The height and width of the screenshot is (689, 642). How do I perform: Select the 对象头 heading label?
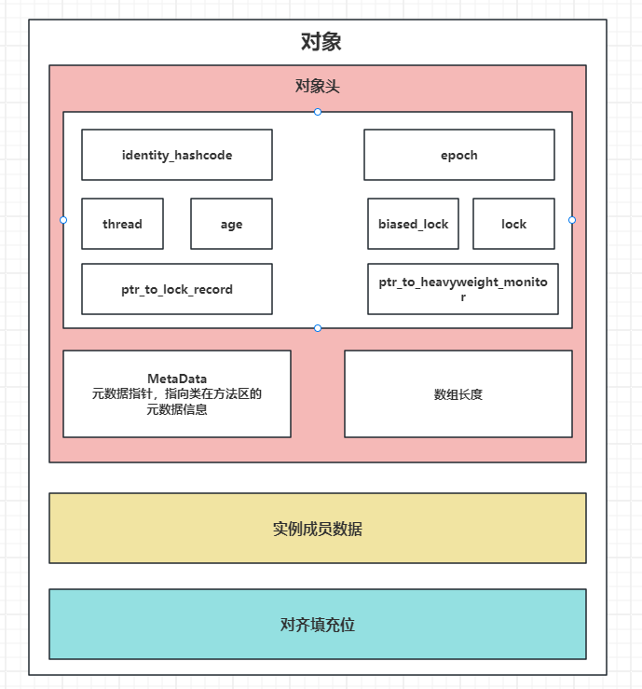pyautogui.click(x=318, y=87)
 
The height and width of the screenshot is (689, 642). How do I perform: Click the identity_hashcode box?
pyautogui.click(x=177, y=155)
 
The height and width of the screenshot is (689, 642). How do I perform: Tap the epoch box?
pyautogui.click(x=459, y=155)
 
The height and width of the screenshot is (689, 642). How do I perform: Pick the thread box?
pyautogui.click(x=122, y=224)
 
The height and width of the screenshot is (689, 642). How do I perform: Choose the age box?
pyautogui.click(x=231, y=224)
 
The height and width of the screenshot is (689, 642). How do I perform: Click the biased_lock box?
pyautogui.click(x=413, y=224)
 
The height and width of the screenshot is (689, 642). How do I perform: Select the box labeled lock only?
pyautogui.click(x=513, y=224)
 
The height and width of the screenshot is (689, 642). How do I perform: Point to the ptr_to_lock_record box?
pyautogui.click(x=177, y=289)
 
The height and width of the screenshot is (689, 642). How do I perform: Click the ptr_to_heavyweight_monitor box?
pyautogui.click(x=463, y=289)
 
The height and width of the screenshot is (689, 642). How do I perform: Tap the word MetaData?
pyautogui.click(x=177, y=379)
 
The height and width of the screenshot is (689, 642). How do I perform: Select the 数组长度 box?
pyautogui.click(x=458, y=394)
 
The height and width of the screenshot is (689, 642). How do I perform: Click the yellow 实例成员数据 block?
pyautogui.click(x=318, y=529)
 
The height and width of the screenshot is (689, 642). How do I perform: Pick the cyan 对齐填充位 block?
pyautogui.click(x=318, y=625)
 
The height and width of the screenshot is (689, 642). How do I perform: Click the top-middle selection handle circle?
pyautogui.click(x=318, y=112)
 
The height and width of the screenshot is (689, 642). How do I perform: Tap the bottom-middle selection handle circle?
pyautogui.click(x=318, y=328)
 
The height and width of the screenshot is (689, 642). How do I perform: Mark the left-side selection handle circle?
pyautogui.click(x=63, y=220)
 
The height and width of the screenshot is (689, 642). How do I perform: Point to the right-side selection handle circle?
pyautogui.click(x=572, y=220)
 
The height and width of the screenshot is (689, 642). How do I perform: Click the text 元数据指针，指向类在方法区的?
pyautogui.click(x=177, y=394)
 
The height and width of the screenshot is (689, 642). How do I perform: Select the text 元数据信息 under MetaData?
pyautogui.click(x=177, y=409)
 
